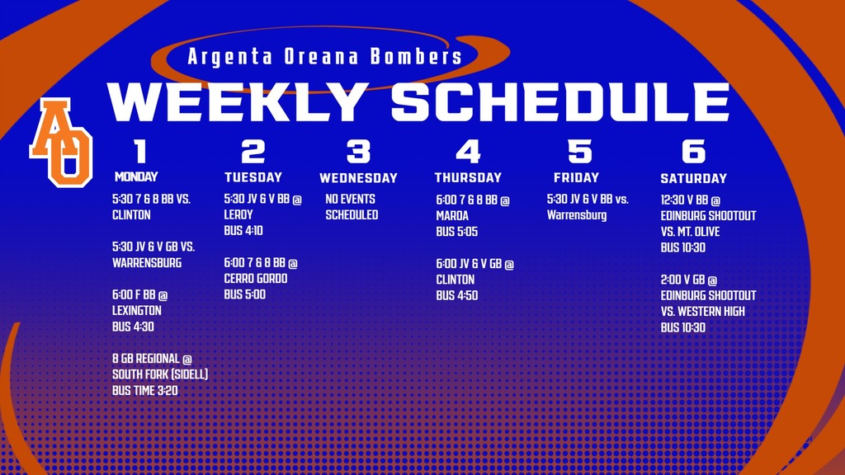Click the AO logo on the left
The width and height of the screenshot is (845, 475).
click(61, 141)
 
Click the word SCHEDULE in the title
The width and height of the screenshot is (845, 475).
click(559, 101)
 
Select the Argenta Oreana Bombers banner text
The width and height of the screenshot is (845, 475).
click(324, 57)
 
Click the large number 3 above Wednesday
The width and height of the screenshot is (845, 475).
click(358, 152)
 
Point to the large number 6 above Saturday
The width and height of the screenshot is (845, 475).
click(693, 152)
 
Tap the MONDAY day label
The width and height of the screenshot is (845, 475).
click(136, 176)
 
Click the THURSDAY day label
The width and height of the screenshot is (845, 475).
click(468, 177)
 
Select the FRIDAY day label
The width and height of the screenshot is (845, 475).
click(576, 177)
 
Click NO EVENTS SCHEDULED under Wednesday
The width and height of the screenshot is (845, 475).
click(351, 207)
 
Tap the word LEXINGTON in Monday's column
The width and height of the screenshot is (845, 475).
click(137, 311)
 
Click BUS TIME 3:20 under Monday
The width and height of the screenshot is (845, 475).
click(145, 391)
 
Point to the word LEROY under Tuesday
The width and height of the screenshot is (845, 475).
click(238, 214)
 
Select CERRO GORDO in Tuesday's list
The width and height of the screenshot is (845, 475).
click(256, 279)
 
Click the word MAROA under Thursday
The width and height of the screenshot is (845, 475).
click(452, 216)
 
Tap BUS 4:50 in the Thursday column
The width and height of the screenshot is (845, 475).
click(457, 295)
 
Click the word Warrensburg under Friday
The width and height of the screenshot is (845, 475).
click(577, 215)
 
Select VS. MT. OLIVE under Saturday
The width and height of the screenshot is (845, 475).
click(696, 232)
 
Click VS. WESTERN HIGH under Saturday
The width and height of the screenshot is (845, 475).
click(702, 311)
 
